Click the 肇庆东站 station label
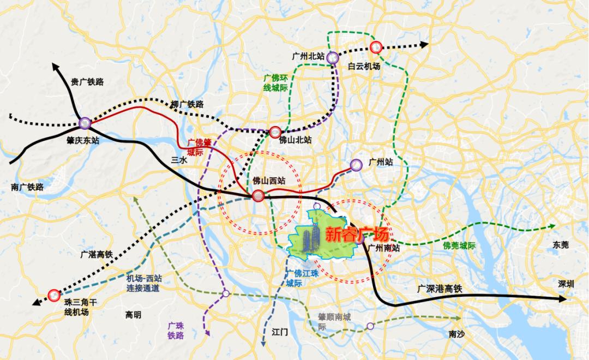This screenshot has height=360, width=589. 81,141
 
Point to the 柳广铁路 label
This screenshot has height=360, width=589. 187,104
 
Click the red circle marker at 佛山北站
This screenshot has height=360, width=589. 275,132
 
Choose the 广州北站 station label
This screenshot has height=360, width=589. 309,56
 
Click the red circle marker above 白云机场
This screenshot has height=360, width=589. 375,47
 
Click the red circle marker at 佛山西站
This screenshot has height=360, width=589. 259,196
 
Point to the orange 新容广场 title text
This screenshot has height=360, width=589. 357,235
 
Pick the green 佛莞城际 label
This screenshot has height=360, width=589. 460,246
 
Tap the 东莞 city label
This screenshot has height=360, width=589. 560,244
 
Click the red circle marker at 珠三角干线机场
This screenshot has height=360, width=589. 53,295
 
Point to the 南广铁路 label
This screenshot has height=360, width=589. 27,187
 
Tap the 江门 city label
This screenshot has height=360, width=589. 279,332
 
